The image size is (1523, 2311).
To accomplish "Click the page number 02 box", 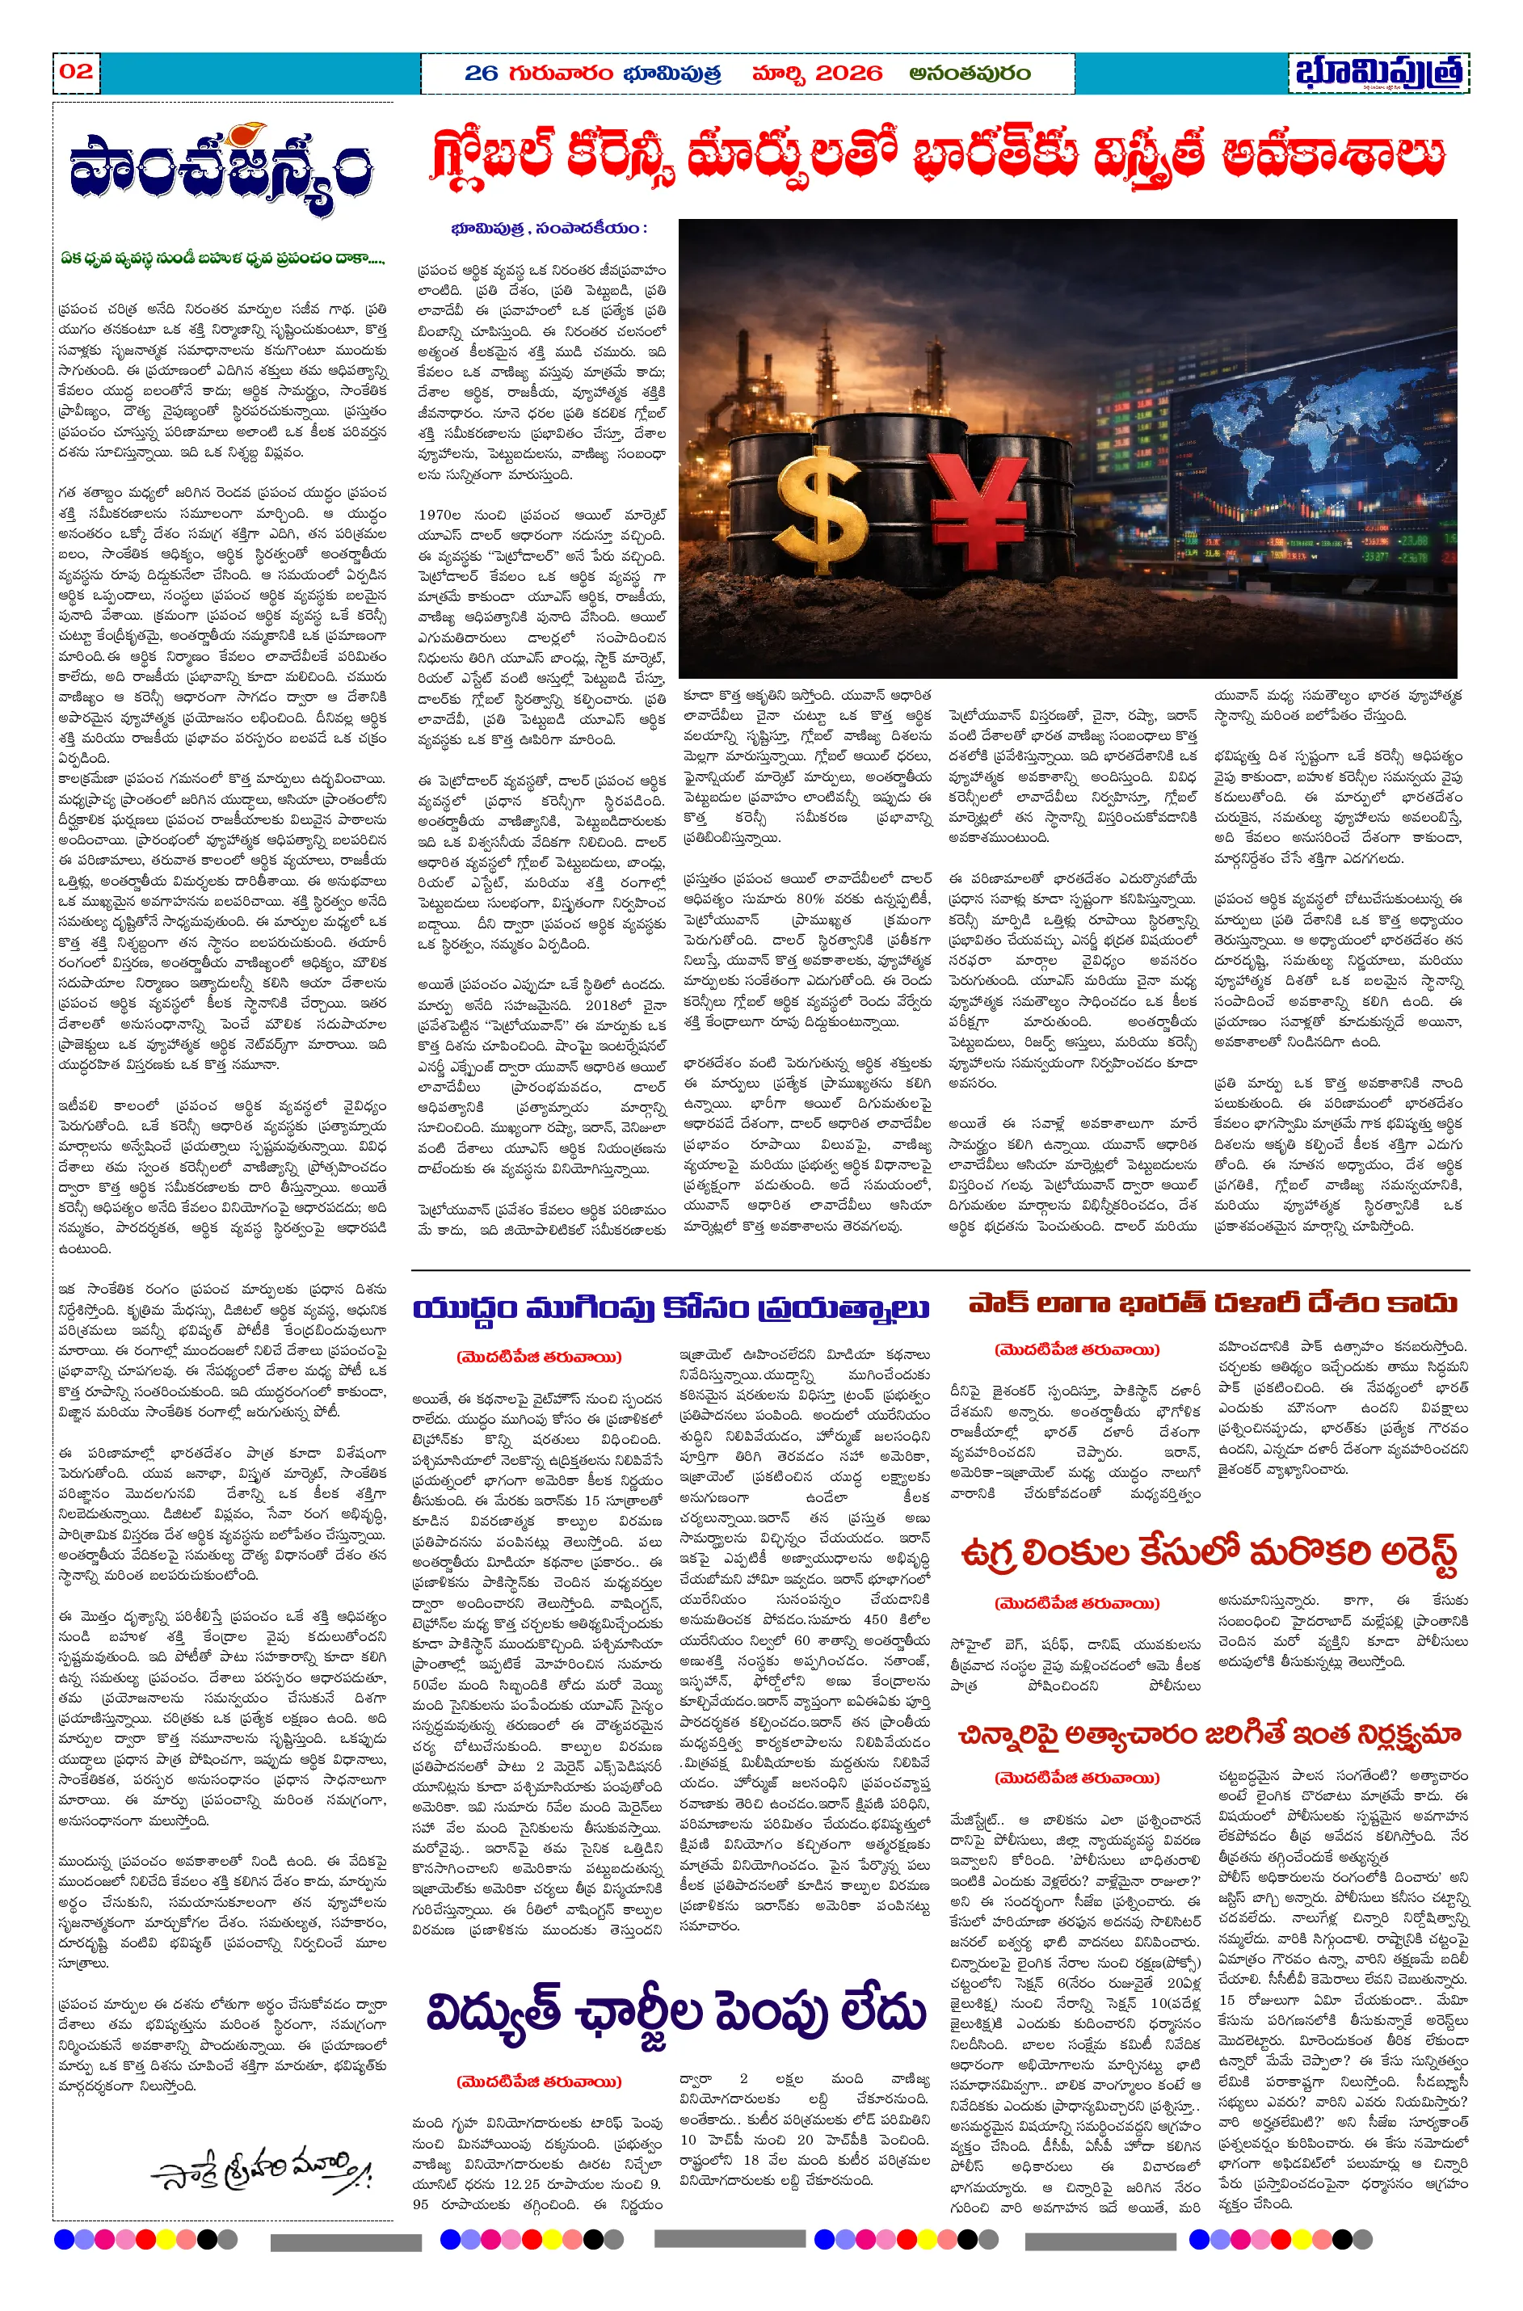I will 76,71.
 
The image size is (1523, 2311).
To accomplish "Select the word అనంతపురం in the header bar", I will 970,73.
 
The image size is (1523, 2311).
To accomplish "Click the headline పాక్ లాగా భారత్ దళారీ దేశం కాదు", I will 1212,1303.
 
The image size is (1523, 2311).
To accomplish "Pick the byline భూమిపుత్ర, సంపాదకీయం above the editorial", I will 549,229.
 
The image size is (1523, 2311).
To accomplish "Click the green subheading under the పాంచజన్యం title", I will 221,259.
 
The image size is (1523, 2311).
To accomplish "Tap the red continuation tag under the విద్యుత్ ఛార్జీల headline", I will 538,2082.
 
